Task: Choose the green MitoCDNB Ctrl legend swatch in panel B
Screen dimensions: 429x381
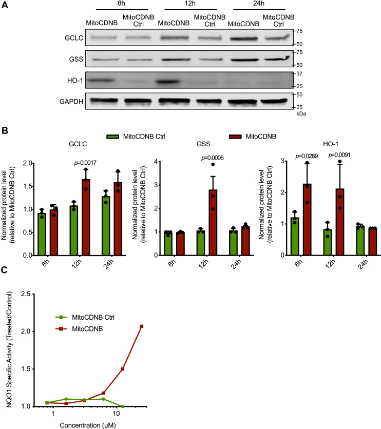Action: [112, 136]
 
